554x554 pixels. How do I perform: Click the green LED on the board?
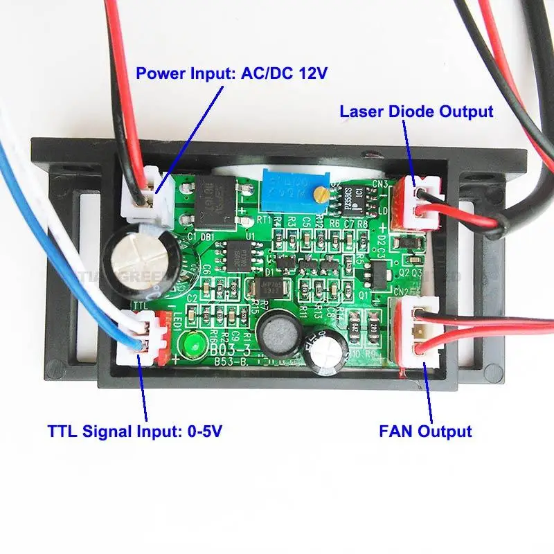[193, 343]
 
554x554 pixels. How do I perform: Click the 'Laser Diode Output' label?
[416, 111]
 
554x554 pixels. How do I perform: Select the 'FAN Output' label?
[425, 431]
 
